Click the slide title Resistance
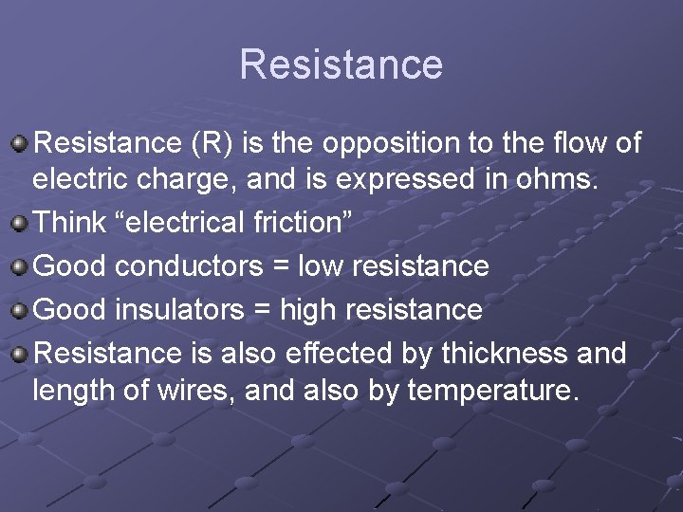click(341, 64)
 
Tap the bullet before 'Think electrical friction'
click(19, 224)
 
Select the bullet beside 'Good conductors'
click(19, 267)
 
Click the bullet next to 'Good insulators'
click(19, 311)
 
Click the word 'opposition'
click(393, 144)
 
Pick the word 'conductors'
click(190, 267)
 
